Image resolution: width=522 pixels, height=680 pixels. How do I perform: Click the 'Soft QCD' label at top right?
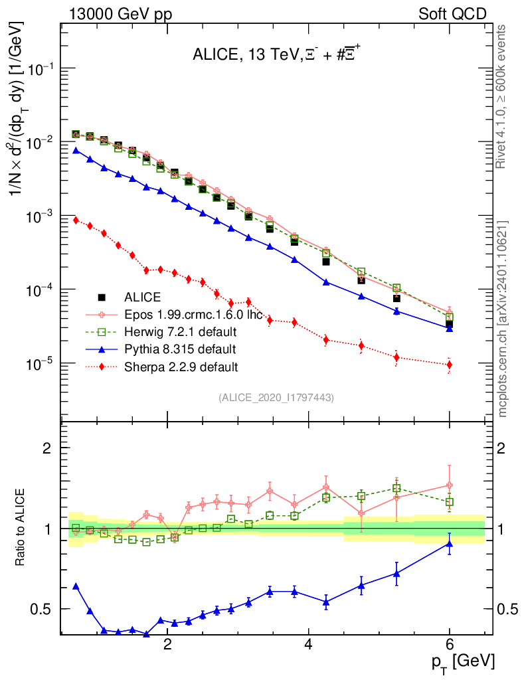(452, 14)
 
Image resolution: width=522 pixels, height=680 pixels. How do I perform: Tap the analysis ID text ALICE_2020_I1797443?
(276, 397)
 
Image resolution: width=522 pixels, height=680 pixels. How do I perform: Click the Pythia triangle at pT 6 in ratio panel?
(450, 544)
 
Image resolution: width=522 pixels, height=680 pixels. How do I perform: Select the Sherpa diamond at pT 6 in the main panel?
(450, 365)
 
